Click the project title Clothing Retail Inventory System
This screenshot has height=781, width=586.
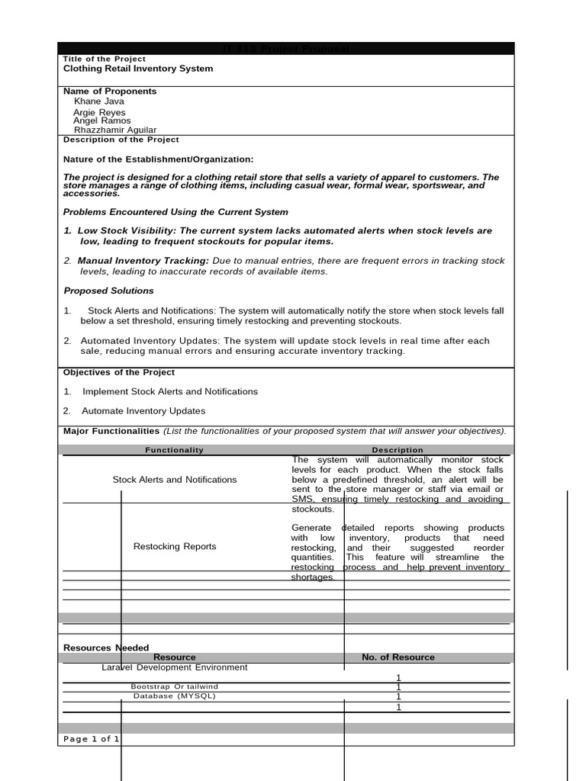point(138,69)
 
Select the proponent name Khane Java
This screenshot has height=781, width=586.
point(98,101)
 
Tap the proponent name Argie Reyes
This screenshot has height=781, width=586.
point(99,112)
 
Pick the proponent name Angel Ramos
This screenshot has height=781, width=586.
point(101,121)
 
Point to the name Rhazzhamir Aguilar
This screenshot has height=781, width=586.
point(114,130)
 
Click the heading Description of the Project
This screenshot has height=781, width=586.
point(121,140)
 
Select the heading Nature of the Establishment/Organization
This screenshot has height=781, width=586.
point(158,159)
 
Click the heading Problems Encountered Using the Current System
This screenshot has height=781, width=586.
point(175,212)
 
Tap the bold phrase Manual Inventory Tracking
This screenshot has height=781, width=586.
point(143,261)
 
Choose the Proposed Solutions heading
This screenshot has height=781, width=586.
point(108,291)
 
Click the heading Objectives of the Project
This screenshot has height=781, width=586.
point(118,372)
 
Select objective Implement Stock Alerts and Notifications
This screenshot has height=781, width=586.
point(169,391)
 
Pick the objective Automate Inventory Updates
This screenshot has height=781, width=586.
point(143,411)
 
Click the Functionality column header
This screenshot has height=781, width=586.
point(175,450)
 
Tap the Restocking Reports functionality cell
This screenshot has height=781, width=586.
point(175,546)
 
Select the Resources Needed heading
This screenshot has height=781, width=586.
point(106,648)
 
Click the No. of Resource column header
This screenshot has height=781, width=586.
point(398,657)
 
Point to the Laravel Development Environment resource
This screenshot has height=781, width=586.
point(175,667)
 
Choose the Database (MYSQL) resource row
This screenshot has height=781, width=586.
point(175,696)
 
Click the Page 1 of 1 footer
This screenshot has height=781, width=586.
point(91,739)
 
